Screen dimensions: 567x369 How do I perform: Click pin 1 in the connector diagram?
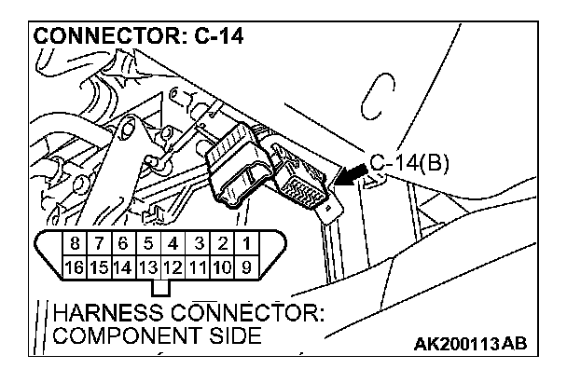click(246, 243)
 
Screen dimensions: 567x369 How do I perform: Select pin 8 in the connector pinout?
click(75, 243)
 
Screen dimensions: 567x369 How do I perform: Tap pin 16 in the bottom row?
click(75, 267)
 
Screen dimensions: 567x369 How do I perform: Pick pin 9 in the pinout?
click(246, 267)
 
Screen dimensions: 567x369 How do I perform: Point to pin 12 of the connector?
click(173, 267)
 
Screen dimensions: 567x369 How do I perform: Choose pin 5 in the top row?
click(148, 243)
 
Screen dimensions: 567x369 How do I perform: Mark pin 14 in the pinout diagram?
click(124, 267)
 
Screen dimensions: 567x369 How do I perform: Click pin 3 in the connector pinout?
click(198, 243)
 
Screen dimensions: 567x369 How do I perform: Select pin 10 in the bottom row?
click(222, 267)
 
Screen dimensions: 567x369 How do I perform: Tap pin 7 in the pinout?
click(99, 243)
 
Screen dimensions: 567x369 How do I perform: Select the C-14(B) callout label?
click(409, 163)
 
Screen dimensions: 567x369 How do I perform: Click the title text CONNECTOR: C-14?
click(139, 36)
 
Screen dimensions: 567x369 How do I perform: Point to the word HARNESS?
click(108, 313)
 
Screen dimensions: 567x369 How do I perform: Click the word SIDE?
click(235, 335)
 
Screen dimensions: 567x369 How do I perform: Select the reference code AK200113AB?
click(470, 344)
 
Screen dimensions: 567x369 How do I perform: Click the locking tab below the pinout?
click(160, 288)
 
